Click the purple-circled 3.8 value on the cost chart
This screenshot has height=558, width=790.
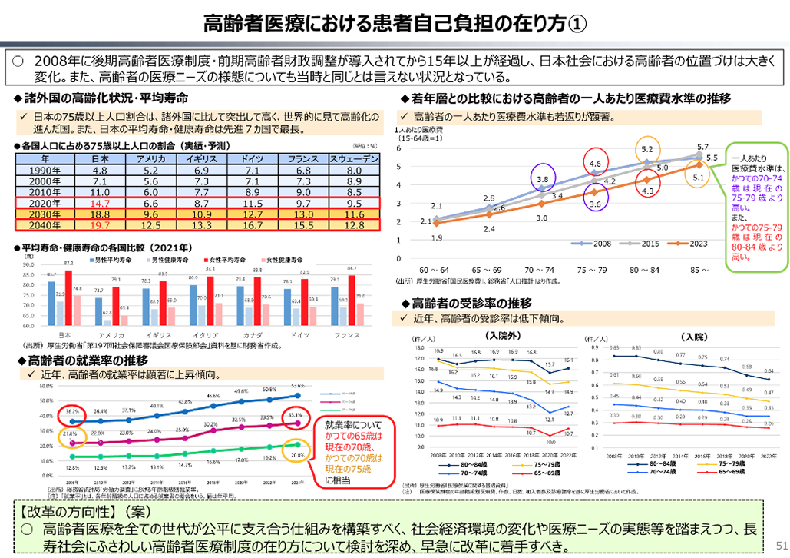[542, 178]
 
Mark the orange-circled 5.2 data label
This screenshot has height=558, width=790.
[646, 149]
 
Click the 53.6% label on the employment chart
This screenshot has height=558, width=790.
[299, 386]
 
